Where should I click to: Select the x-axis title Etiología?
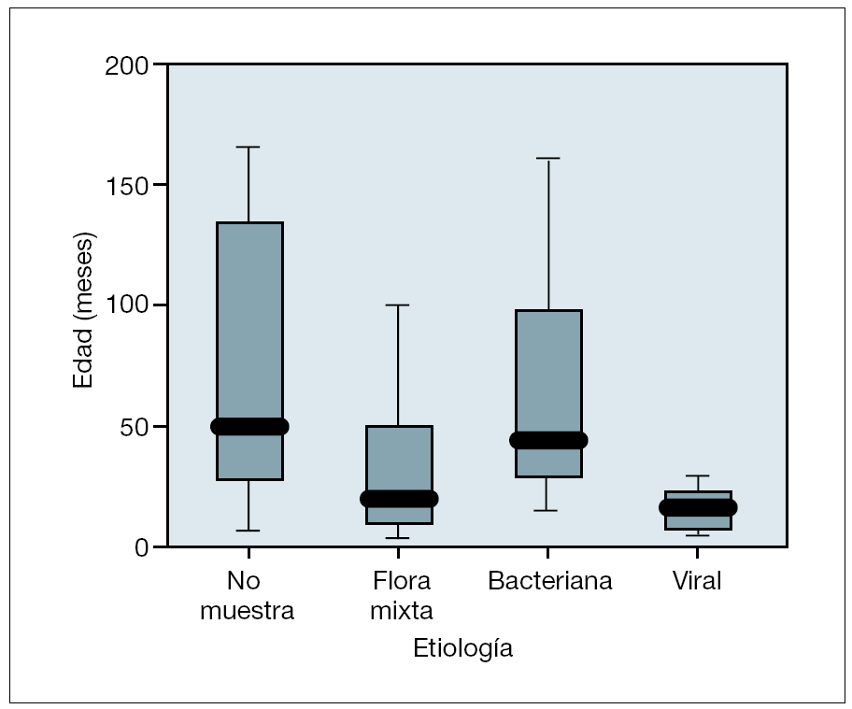click(462, 648)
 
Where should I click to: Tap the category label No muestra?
click(248, 596)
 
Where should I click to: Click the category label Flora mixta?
click(401, 596)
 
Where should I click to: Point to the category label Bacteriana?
click(550, 581)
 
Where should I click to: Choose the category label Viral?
click(698, 581)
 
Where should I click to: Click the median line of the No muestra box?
click(249, 426)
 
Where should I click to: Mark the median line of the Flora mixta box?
click(399, 499)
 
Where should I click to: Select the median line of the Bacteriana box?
click(548, 440)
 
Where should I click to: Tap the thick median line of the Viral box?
click(698, 507)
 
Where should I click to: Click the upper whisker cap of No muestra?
click(248, 147)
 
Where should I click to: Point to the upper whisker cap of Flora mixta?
click(398, 305)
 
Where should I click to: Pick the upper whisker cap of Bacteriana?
click(548, 158)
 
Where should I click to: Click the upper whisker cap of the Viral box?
click(698, 475)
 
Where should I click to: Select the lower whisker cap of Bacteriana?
click(548, 510)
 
